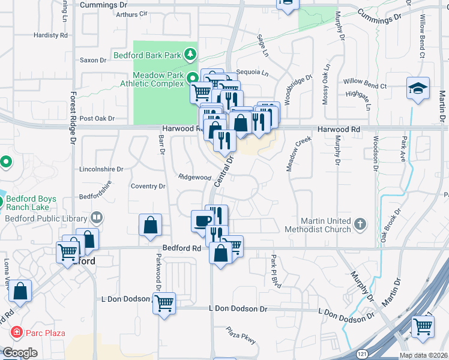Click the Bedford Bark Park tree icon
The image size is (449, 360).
190,55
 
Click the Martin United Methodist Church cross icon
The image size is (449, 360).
360,224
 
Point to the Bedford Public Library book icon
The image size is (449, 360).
96,218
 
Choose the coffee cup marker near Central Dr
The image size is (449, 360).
202,221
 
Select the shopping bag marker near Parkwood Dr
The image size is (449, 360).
150,226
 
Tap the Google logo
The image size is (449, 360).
20,353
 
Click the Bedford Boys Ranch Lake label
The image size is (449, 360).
31,203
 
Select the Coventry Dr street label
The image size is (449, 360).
148,187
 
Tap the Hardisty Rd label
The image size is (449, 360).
50,35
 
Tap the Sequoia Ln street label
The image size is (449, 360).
252,73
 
